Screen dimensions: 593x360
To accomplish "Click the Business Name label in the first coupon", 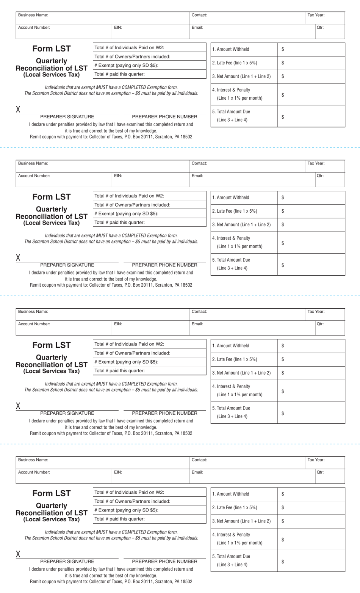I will click(33, 15).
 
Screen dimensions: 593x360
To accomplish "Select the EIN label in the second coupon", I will click(118, 176).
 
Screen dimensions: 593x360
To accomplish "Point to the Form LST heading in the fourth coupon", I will click(52, 493).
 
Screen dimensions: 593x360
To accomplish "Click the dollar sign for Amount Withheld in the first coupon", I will click(283, 49).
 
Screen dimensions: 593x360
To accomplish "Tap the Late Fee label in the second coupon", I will click(235, 211).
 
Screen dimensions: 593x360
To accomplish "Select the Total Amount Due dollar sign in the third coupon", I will click(283, 413).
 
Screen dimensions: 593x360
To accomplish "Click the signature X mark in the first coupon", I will click(18, 110).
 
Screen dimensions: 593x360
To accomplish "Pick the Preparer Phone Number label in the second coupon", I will click(164, 265).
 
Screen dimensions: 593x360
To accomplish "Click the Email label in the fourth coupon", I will click(197, 472).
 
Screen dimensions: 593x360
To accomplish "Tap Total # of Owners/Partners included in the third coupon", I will click(132, 353).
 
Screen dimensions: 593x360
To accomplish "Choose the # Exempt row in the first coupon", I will click(127, 65).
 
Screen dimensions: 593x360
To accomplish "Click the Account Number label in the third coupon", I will click(34, 324).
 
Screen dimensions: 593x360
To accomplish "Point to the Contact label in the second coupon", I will click(199, 163).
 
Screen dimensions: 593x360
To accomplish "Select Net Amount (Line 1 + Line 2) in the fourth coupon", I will click(241, 521).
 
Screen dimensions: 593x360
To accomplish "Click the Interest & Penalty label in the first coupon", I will click(231, 90).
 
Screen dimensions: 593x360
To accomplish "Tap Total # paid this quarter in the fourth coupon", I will click(119, 519).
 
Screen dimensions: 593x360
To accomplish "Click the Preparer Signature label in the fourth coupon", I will click(67, 562).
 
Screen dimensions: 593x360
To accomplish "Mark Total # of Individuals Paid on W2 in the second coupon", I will click(129, 196).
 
